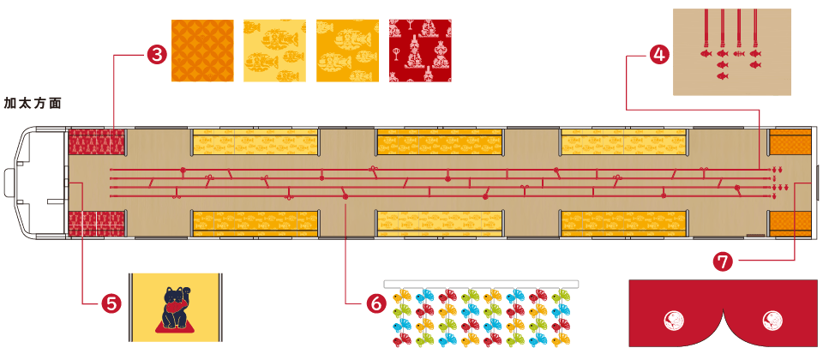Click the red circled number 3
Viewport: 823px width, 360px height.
tap(156, 55)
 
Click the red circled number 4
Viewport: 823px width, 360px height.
tap(658, 55)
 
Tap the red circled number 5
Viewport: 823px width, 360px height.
tap(111, 303)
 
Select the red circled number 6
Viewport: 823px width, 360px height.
tap(375, 303)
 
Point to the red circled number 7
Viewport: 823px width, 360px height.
tap(724, 261)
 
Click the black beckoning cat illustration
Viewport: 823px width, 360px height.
tap(176, 307)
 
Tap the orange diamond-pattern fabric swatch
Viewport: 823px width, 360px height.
tap(202, 51)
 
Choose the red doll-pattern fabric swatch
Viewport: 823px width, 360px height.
tap(420, 51)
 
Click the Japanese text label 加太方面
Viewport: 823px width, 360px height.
tap(33, 104)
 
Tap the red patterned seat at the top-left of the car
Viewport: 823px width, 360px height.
tap(97, 142)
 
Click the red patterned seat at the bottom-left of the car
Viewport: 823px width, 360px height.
tap(97, 225)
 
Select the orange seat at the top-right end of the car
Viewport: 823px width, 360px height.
tap(790, 141)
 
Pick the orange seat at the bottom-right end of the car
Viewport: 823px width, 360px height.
tap(790, 224)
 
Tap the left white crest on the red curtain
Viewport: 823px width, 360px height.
tap(675, 321)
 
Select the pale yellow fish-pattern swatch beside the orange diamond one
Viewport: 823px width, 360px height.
tap(274, 51)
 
